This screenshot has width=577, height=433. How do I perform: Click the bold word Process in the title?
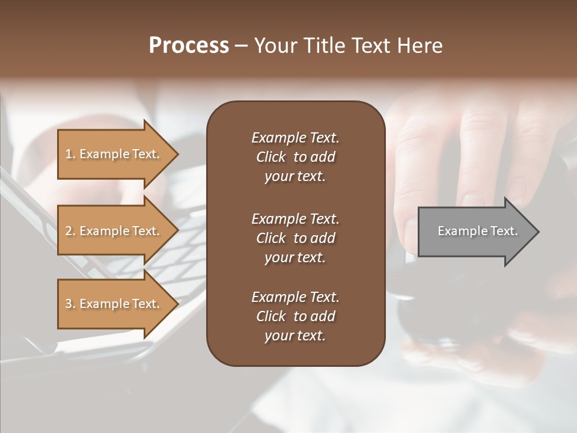(189, 46)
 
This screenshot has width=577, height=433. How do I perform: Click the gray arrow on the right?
(475, 231)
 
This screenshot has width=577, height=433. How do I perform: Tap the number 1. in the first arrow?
(70, 154)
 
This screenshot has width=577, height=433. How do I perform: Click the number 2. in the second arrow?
(70, 231)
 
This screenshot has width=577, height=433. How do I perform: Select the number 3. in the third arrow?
(70, 304)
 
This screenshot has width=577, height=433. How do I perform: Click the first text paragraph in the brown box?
(295, 157)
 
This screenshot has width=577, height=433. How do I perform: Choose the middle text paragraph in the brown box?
(295, 238)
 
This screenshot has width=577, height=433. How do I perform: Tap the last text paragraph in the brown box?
(295, 316)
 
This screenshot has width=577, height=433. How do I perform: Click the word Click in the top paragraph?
(270, 157)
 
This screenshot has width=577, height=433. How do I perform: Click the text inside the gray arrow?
(477, 231)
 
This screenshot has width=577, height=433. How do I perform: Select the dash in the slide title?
(241, 46)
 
